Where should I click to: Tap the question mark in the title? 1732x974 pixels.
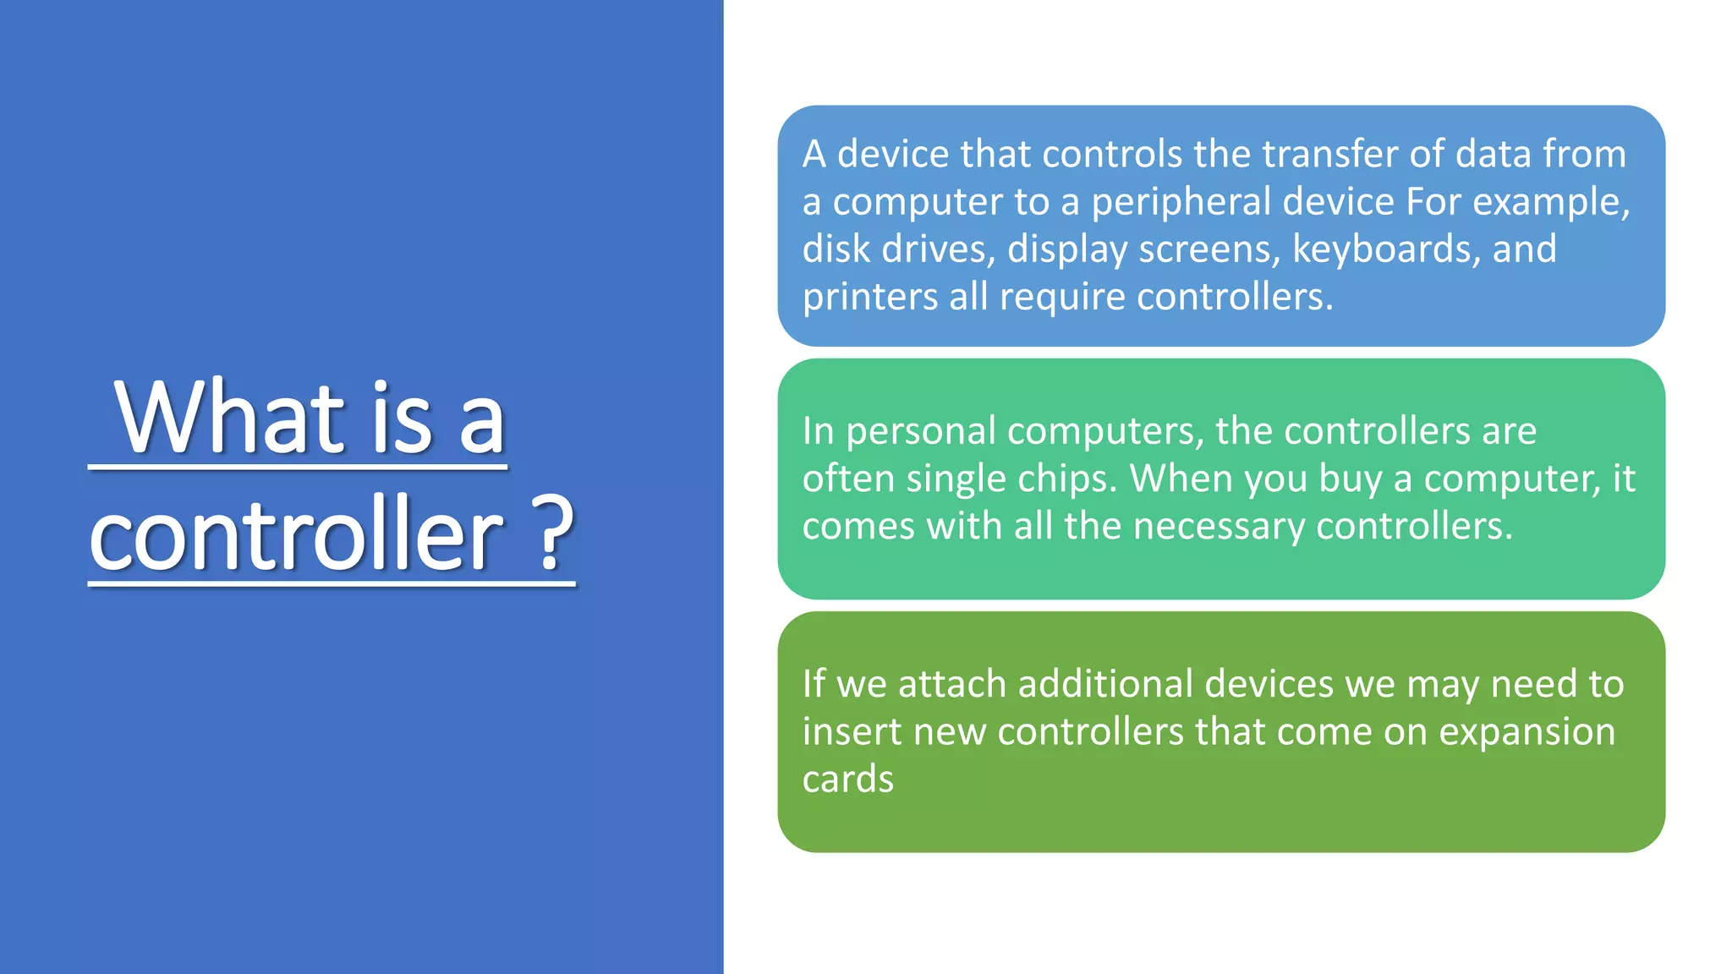click(556, 534)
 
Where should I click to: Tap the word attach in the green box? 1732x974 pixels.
click(952, 685)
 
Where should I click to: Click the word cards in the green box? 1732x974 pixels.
click(847, 780)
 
